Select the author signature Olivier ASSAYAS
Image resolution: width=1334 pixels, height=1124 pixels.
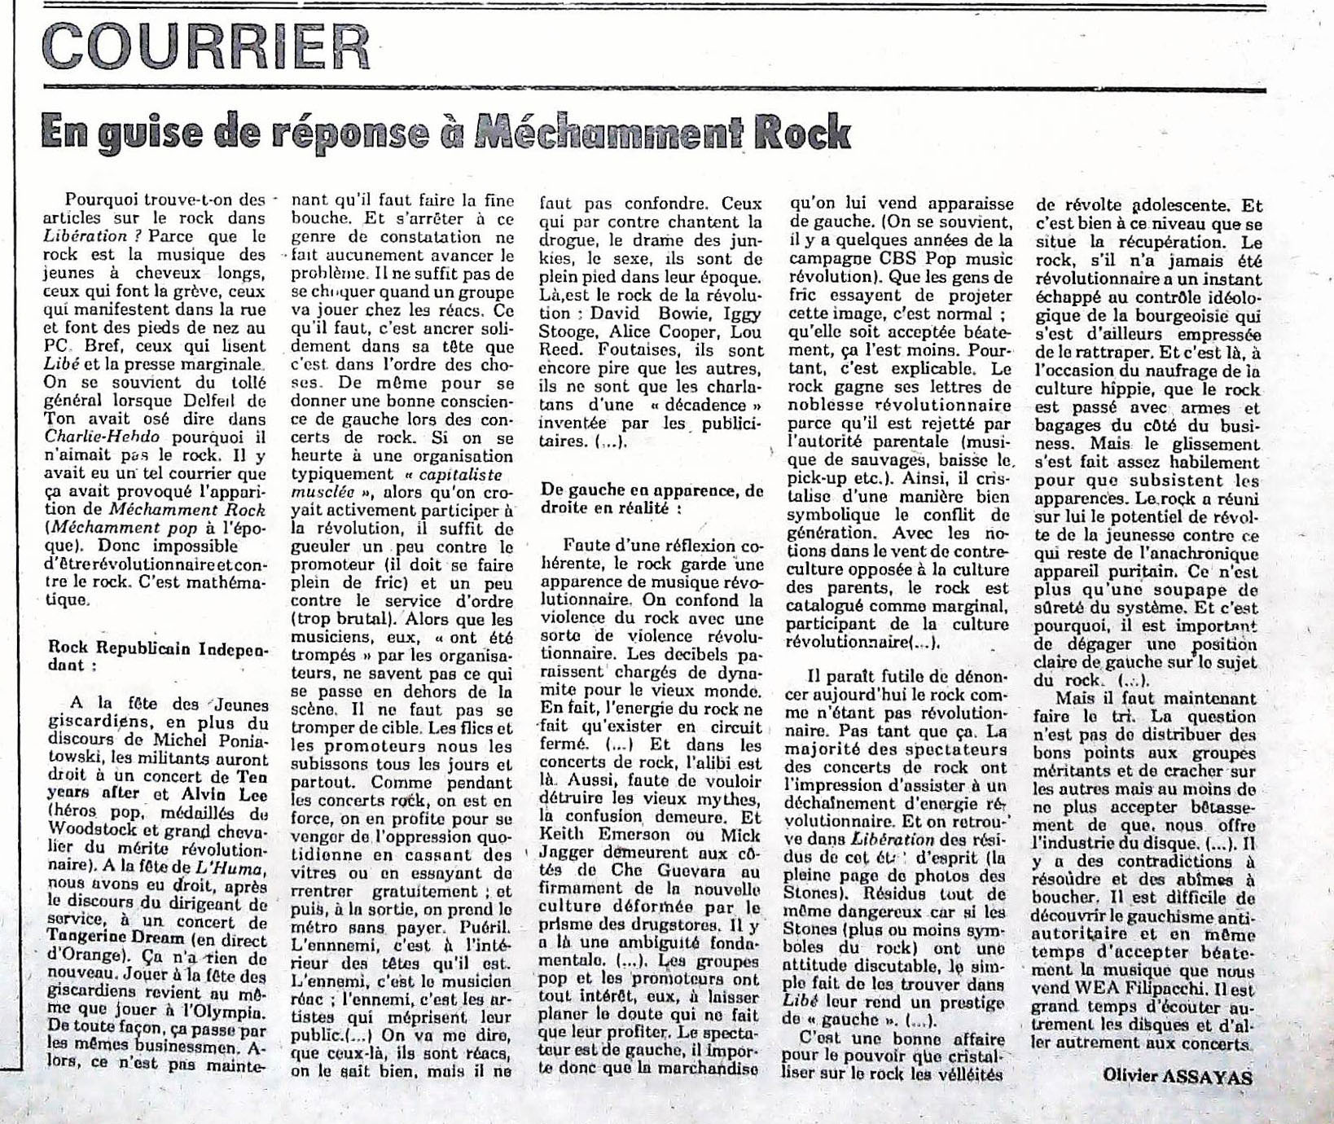1178,1074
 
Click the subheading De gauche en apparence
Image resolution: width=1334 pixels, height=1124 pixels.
651,498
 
